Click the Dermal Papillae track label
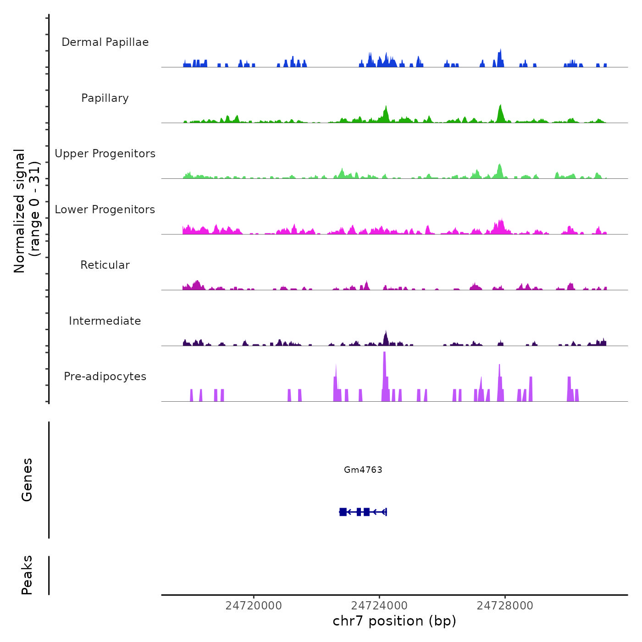(x=105, y=42)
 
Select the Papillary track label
(x=105, y=98)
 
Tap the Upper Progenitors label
(x=105, y=154)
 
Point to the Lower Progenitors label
(x=105, y=210)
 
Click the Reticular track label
(x=105, y=265)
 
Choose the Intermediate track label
(x=105, y=321)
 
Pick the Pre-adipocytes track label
(x=105, y=376)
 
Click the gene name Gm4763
(x=363, y=470)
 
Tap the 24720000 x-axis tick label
(x=254, y=606)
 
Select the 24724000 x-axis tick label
(x=380, y=606)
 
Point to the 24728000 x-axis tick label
(x=505, y=606)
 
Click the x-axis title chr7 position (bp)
(x=394, y=621)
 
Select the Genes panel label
(x=27, y=480)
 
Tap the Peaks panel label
(x=27, y=575)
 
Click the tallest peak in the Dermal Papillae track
(x=500, y=51)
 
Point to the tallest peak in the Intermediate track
(x=386, y=332)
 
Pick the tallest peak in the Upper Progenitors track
(x=500, y=165)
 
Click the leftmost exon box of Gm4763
(x=343, y=512)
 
